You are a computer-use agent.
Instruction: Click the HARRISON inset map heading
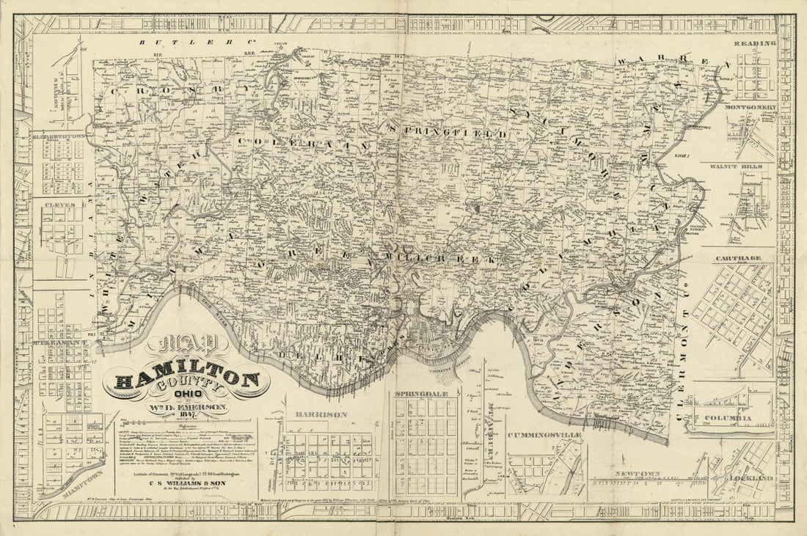321,414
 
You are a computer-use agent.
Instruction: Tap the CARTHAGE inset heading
744,259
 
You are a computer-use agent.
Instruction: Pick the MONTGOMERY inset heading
750,107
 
